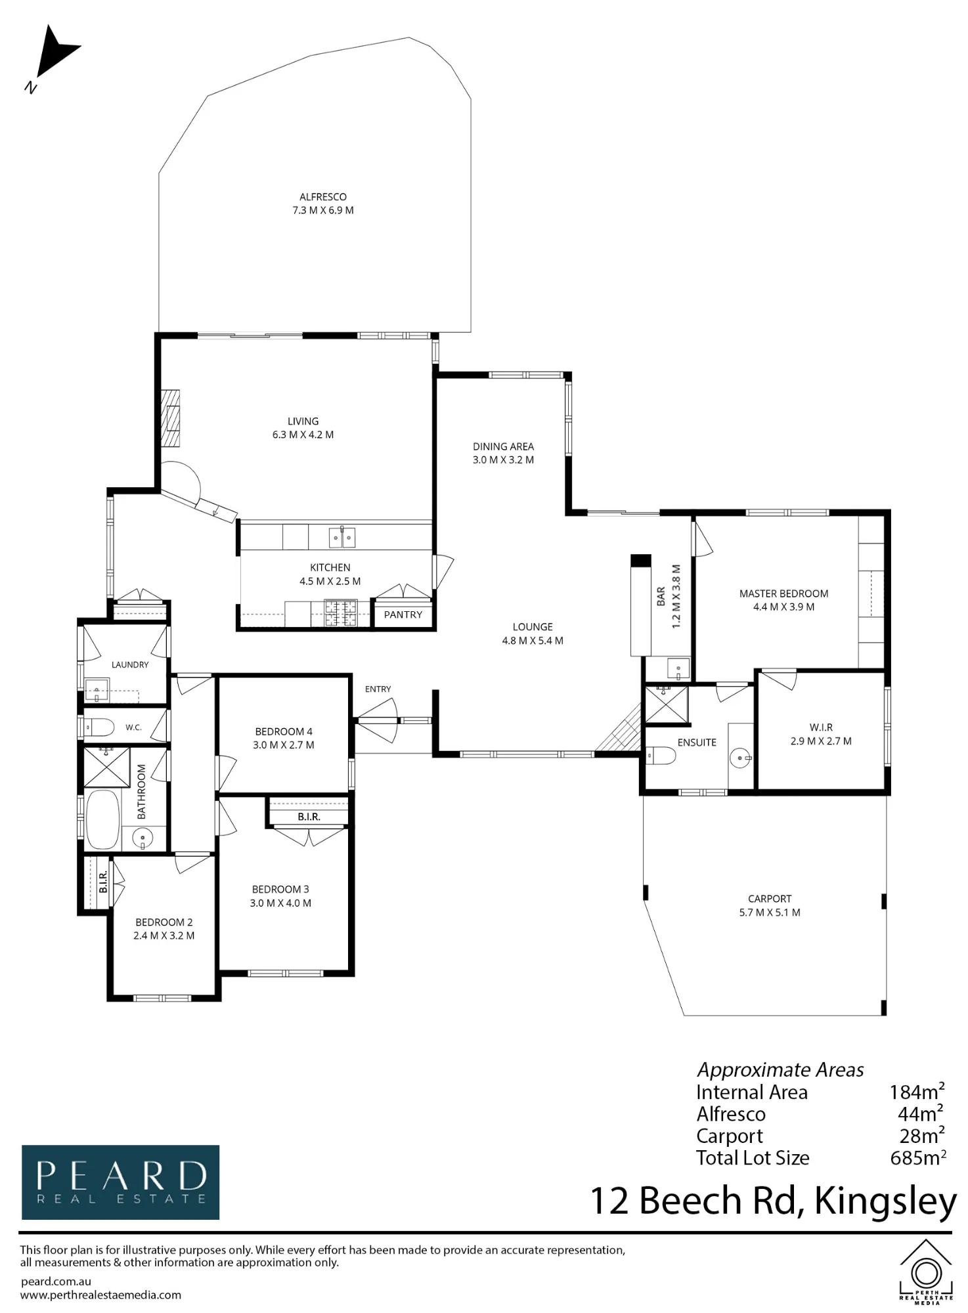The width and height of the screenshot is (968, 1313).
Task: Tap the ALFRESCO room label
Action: point(323,197)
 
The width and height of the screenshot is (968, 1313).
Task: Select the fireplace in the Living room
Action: point(171,418)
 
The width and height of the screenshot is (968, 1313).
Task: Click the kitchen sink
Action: point(341,538)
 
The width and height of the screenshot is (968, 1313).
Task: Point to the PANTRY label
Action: point(403,615)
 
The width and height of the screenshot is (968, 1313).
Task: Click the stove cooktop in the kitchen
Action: point(341,613)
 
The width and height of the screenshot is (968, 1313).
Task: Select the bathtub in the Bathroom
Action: point(102,819)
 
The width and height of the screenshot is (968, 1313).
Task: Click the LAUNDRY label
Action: point(130,665)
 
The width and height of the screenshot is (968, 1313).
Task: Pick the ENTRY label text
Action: point(378,689)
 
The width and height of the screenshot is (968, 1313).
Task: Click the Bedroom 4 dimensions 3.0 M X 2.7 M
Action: point(284,745)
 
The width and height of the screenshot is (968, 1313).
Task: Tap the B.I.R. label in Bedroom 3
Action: point(309,817)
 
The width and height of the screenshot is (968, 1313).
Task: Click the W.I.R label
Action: point(821,727)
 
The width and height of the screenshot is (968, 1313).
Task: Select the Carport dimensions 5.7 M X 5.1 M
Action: point(770,913)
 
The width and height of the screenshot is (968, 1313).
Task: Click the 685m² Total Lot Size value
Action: point(918,1157)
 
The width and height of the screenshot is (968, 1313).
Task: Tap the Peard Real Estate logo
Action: point(121,1182)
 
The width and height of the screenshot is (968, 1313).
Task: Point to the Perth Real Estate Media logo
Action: point(925,1272)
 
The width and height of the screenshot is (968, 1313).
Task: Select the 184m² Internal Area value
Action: point(917,1092)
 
